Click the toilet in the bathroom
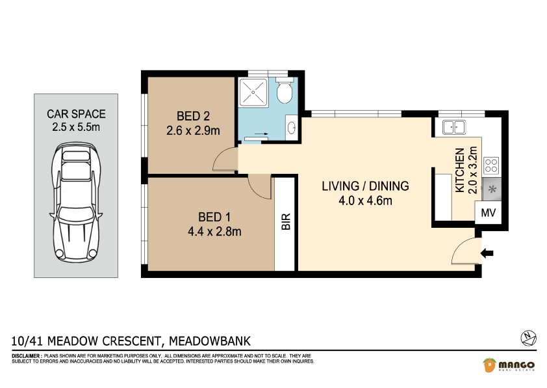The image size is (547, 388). (284, 90)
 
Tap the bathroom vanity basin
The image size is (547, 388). (292, 128)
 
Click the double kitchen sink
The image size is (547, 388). (454, 127)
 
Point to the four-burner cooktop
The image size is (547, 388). (491, 166)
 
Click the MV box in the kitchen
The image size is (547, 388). (488, 212)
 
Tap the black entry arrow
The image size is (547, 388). (487, 253)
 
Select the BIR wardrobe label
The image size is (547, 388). (286, 221)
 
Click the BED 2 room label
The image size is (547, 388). (193, 116)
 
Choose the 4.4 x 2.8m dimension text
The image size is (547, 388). (214, 231)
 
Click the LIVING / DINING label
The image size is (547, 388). (365, 186)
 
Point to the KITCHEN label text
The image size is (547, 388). (460, 170)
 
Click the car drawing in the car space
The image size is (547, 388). (76, 201)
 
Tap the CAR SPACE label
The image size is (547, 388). (76, 114)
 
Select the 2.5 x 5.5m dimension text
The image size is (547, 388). (76, 127)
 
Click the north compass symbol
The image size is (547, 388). (528, 337)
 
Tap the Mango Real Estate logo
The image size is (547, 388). (508, 365)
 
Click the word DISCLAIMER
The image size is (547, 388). (26, 356)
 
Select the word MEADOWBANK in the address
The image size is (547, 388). (210, 341)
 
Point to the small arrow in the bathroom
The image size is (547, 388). (261, 133)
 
